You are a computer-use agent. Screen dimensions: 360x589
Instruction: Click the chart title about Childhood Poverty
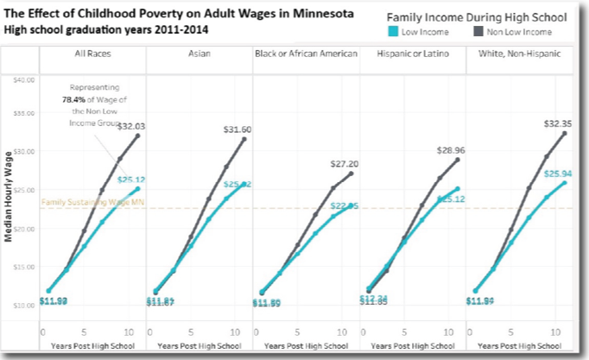tap(177, 14)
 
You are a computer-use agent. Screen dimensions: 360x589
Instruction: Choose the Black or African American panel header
tap(306, 55)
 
